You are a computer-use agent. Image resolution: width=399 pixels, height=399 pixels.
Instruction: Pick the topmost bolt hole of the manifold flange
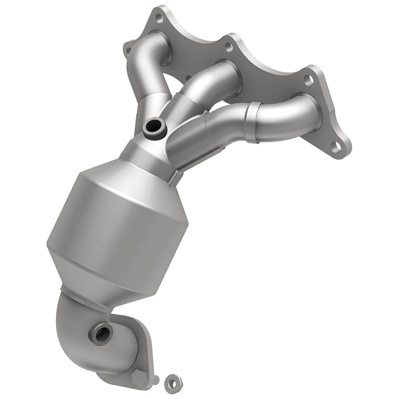(x=159, y=18)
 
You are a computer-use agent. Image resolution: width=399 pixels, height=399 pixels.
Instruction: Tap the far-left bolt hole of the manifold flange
(x=128, y=50)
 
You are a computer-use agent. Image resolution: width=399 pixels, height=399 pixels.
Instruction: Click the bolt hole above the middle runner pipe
(x=229, y=47)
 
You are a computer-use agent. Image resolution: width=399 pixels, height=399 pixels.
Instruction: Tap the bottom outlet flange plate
(x=132, y=351)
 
